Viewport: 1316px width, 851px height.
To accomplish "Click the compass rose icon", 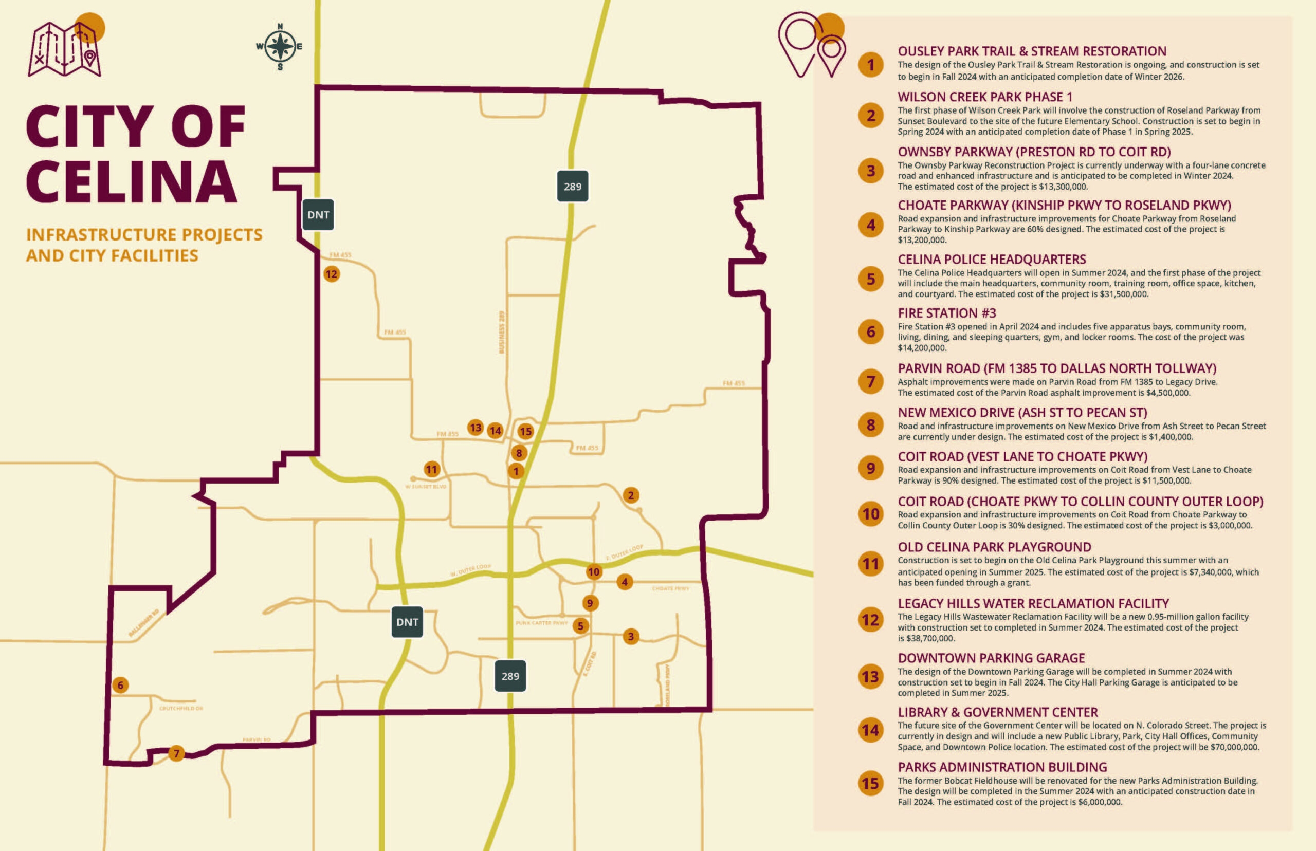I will (x=280, y=47).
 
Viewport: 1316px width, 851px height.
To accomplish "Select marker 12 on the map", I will (x=331, y=274).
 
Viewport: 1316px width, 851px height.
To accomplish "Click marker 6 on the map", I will (x=120, y=685).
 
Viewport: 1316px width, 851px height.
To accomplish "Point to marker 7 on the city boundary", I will (x=176, y=753).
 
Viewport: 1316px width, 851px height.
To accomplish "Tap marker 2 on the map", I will (x=631, y=495).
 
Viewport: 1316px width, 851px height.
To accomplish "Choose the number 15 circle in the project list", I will (x=870, y=784).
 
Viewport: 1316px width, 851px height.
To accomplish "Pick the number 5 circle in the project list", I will (x=870, y=279).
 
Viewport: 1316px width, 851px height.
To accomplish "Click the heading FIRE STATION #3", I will (x=947, y=313).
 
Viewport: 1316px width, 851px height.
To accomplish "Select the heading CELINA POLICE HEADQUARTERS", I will (x=992, y=260).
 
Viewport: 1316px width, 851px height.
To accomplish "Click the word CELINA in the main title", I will (x=132, y=182).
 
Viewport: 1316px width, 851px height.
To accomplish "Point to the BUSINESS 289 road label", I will (x=502, y=332).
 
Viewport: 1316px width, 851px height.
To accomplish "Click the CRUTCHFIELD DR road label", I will (x=181, y=709).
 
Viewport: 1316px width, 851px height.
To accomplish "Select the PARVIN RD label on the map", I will (x=257, y=739).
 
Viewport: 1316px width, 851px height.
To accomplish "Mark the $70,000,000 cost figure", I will (x=1235, y=747).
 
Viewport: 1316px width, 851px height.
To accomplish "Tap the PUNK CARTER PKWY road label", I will (x=541, y=623).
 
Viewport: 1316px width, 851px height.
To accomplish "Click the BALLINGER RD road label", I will (x=144, y=623).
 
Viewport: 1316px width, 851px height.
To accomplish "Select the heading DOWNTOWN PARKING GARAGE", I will (x=991, y=658).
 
